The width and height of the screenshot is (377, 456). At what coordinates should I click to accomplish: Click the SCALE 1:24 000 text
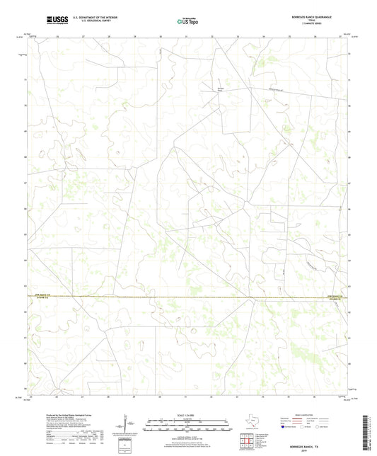click(x=188, y=415)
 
